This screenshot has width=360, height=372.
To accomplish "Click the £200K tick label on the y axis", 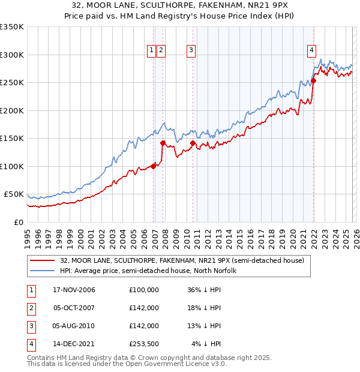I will [x=12, y=110].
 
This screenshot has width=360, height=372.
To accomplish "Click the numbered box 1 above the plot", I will [x=151, y=51].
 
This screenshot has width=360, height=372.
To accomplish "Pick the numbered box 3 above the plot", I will [x=191, y=51].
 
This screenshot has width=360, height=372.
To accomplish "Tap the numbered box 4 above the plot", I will [x=312, y=51].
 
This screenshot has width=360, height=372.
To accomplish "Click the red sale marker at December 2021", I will [x=313, y=80].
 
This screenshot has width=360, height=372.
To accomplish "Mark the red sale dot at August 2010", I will [x=193, y=143].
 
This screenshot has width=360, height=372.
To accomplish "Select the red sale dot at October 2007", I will [x=163, y=143].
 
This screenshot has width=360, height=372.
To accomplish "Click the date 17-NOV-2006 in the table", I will [x=74, y=290].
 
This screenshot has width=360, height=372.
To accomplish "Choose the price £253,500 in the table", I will [x=144, y=344].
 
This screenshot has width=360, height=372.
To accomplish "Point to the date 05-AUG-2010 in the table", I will [x=74, y=326].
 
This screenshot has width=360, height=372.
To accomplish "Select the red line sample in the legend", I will [x=42, y=260].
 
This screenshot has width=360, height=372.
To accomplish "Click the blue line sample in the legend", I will [x=42, y=271].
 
